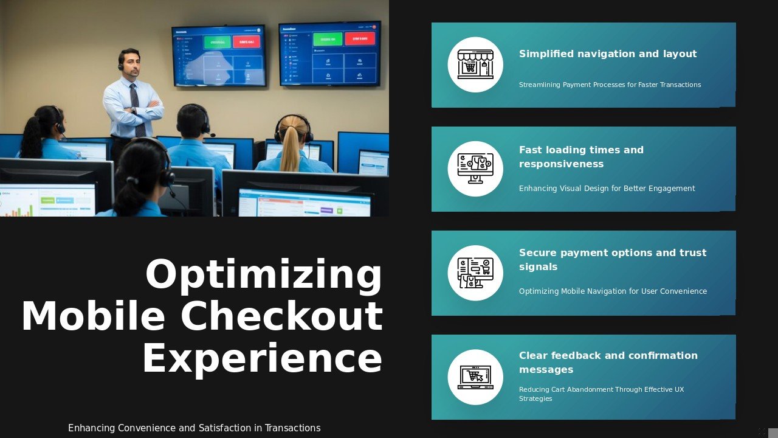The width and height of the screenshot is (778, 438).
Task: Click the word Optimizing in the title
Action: pyautogui.click(x=264, y=275)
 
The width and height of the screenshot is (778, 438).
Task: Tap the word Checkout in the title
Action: pyautogui.click(x=281, y=317)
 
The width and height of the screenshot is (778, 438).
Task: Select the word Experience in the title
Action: pyautogui.click(x=262, y=358)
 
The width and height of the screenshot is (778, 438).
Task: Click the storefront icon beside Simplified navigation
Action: pyautogui.click(x=475, y=64)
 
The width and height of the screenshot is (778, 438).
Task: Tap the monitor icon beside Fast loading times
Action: pyautogui.click(x=475, y=169)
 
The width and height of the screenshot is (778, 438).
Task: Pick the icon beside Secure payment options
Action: pyautogui.click(x=475, y=273)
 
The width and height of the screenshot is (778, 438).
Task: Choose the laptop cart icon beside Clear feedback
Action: pyautogui.click(x=475, y=377)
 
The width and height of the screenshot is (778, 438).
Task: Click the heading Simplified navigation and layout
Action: pyautogui.click(x=608, y=54)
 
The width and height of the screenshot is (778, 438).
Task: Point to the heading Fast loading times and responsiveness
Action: pyautogui.click(x=581, y=157)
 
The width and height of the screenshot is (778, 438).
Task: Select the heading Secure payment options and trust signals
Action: pyautogui.click(x=613, y=260)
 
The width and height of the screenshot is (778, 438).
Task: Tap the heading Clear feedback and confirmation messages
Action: pyautogui.click(x=608, y=363)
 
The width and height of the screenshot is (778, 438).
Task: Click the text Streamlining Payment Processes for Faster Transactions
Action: pyautogui.click(x=610, y=85)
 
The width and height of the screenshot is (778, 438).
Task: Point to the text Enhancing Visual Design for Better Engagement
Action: pyautogui.click(x=607, y=189)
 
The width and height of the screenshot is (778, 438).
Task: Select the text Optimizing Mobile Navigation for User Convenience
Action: pyautogui.click(x=613, y=291)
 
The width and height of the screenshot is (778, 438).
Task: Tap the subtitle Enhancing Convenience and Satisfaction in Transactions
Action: pyautogui.click(x=194, y=428)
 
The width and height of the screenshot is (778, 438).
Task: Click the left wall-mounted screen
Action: pyautogui.click(x=219, y=56)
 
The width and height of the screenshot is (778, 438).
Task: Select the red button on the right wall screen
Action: pyautogui.click(x=360, y=38)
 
